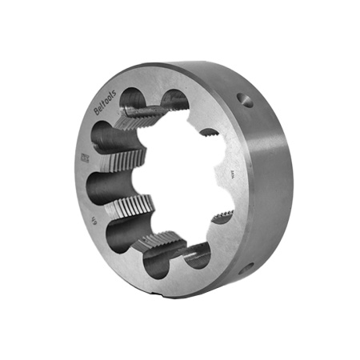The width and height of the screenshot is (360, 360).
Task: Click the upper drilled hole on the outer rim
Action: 246,101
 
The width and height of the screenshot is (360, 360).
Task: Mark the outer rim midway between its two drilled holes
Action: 264,184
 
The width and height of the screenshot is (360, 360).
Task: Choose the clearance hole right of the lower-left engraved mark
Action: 128,233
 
